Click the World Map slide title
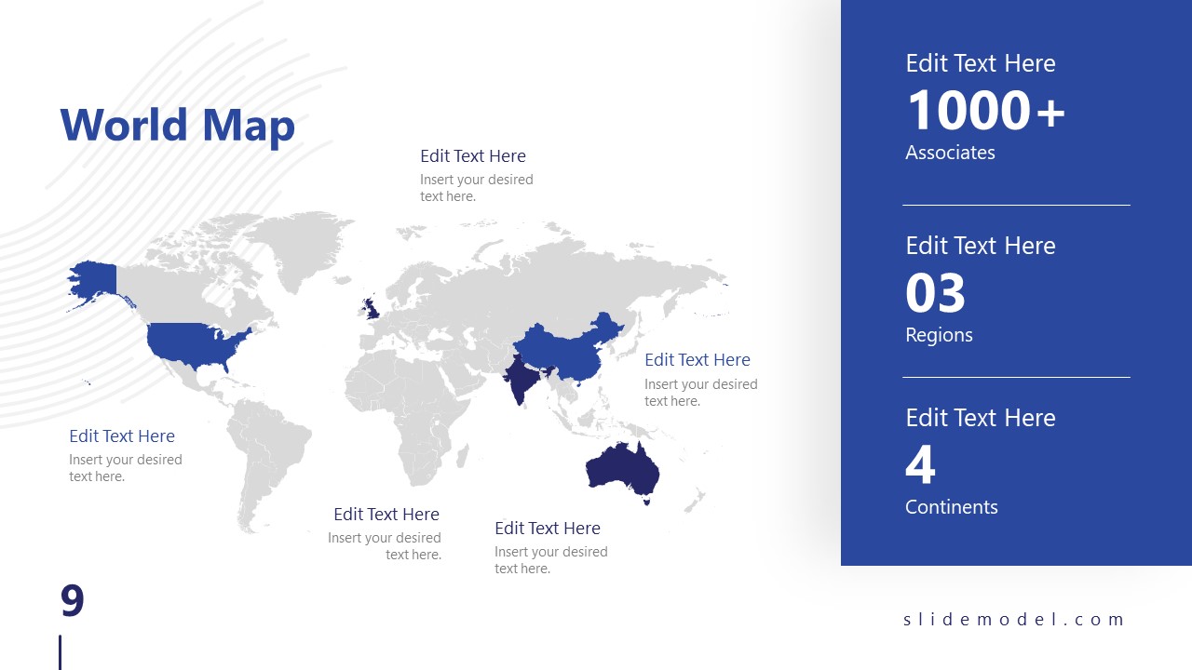point(177,126)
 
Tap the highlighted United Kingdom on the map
point(372,306)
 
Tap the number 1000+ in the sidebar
point(985,111)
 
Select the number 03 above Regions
point(935,293)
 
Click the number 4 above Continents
point(920,465)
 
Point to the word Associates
point(950,153)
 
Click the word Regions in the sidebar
point(939,335)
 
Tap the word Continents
point(951,507)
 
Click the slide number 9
point(73,601)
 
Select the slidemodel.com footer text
point(1014,620)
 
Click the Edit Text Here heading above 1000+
point(981,63)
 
